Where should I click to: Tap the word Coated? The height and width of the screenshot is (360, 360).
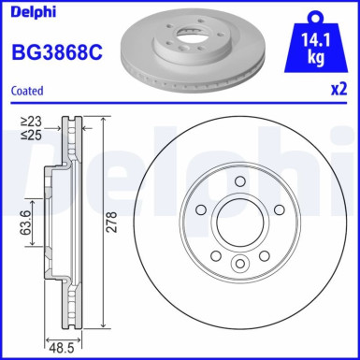pos(27,90)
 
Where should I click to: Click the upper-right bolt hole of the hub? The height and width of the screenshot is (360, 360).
pos(278,208)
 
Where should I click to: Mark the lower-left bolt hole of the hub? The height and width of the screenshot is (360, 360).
pos(216,254)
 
